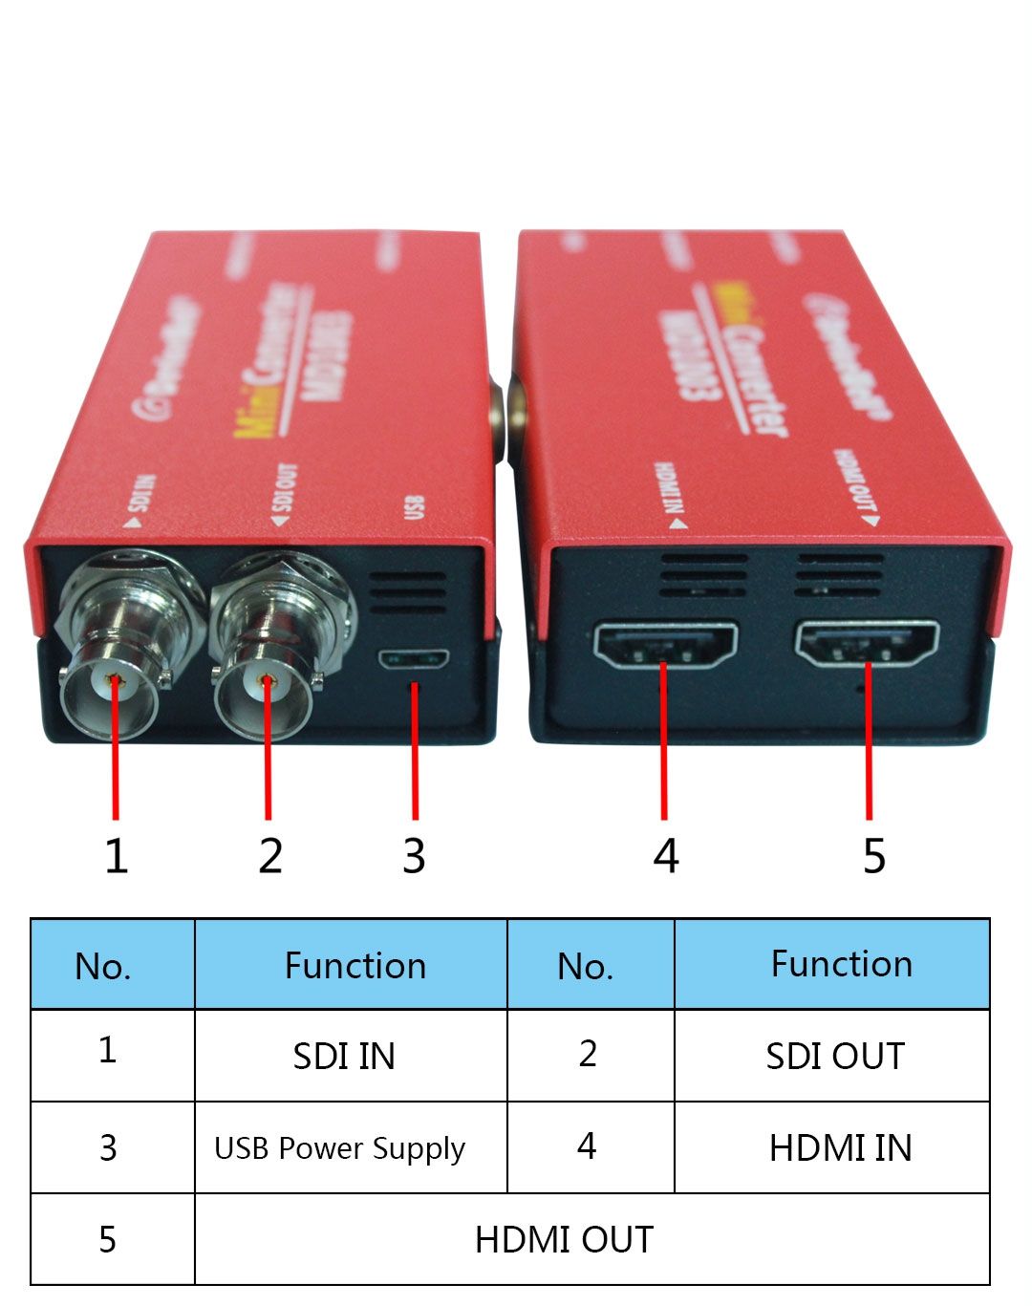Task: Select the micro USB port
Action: [x=414, y=659]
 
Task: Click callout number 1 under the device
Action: [x=116, y=855]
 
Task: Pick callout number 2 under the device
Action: [x=269, y=855]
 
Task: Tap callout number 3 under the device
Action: [x=413, y=855]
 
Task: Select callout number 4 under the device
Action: [x=666, y=855]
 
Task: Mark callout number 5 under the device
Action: [x=873, y=855]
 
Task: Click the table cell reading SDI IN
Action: [x=344, y=1056]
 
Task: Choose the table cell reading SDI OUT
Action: [x=834, y=1056]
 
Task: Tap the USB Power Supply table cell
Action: [x=339, y=1147]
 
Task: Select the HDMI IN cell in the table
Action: [x=840, y=1147]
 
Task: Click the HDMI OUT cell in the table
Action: [x=564, y=1239]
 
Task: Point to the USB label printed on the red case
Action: [x=414, y=506]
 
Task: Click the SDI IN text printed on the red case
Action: [x=140, y=502]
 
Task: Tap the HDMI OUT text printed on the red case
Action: [x=857, y=486]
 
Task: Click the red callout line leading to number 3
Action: [x=415, y=755]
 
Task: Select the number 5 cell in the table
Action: [x=108, y=1239]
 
